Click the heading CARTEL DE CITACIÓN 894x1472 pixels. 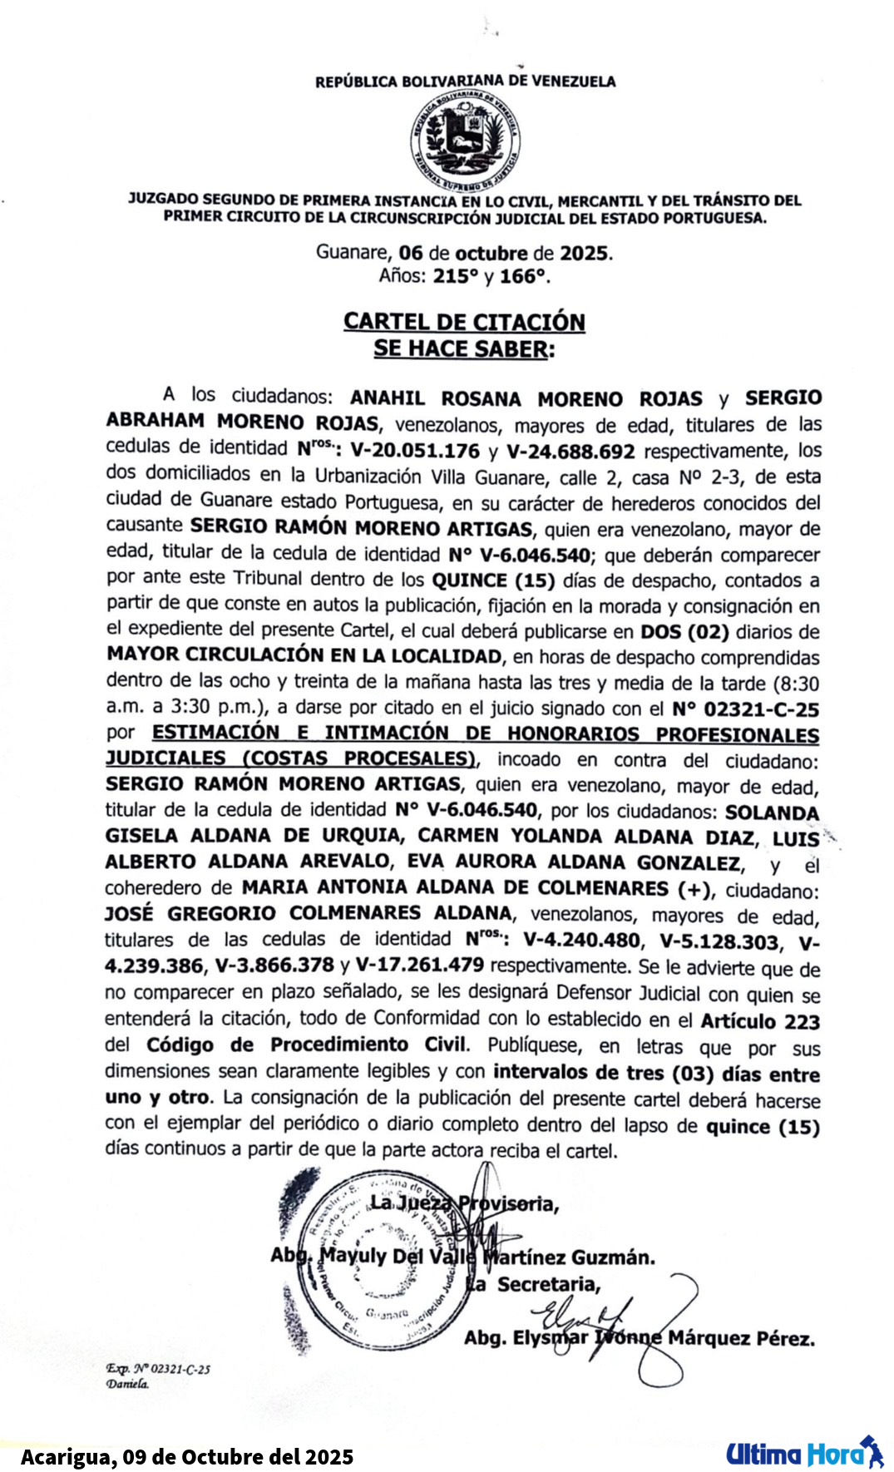(x=464, y=322)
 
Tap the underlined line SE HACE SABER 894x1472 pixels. (x=463, y=348)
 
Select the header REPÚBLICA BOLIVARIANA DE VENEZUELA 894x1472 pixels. (x=465, y=82)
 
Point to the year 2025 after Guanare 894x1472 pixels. (x=585, y=253)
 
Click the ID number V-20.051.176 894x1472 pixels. (x=415, y=452)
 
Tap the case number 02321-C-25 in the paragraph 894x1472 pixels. (x=760, y=709)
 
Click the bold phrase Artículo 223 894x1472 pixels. (x=760, y=1021)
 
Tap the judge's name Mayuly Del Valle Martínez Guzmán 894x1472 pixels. (x=462, y=1257)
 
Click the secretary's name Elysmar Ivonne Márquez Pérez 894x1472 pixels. (x=639, y=1338)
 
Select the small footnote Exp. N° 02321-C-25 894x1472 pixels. (x=158, y=1369)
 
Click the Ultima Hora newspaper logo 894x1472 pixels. (x=803, y=1453)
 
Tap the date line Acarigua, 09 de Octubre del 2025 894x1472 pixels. (x=187, y=1457)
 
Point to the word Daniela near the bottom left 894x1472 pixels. (x=127, y=1384)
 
